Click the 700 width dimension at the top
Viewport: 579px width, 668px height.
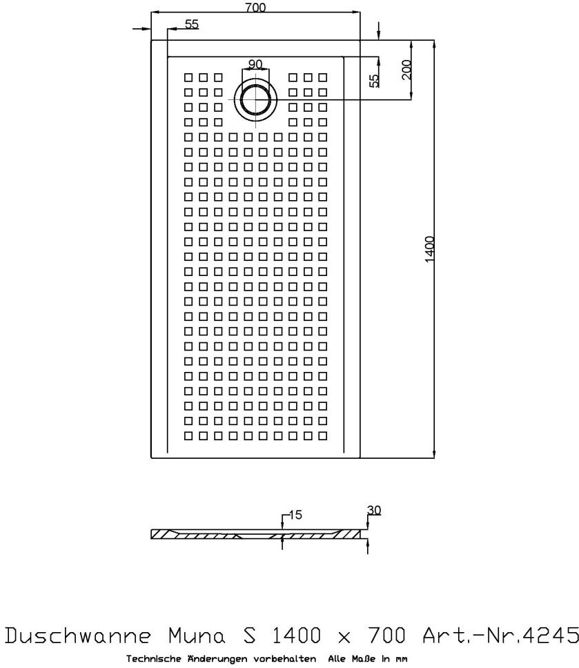(255, 8)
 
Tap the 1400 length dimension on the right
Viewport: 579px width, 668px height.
(429, 249)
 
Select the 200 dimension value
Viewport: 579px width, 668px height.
(406, 70)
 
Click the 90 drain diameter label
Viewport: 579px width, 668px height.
(255, 65)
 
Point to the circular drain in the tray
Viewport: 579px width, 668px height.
(256, 98)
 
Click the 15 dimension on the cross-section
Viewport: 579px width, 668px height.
(296, 515)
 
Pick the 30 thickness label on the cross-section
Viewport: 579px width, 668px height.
(374, 511)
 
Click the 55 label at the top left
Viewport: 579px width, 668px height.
(191, 24)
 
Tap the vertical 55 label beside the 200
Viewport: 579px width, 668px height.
(374, 81)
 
